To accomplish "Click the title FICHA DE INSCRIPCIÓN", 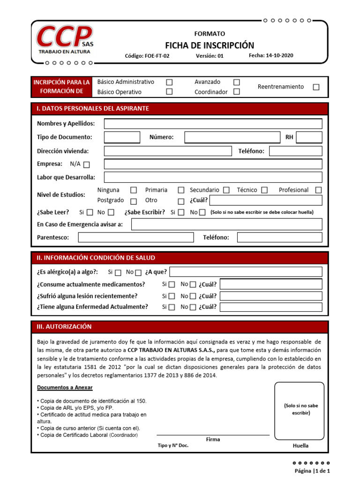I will [210, 45].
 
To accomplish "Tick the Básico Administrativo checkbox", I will [169, 82].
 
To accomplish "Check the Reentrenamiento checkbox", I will [316, 87].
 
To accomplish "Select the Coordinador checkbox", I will [236, 92].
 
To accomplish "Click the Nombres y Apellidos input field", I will [213, 124].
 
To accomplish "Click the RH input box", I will [309, 137].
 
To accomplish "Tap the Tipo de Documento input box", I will [122, 137].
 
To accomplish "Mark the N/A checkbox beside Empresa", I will [86, 165].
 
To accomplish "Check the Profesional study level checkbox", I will [318, 190].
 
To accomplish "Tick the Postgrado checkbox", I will [134, 201].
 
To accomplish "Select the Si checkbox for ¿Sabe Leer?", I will [90, 212].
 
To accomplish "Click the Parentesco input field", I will [135, 238].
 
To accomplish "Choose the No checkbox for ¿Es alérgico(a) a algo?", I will [138, 273].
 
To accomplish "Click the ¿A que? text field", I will [246, 272].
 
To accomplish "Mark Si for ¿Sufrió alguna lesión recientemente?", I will [172, 296].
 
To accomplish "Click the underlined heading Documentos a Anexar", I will [65, 388].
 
